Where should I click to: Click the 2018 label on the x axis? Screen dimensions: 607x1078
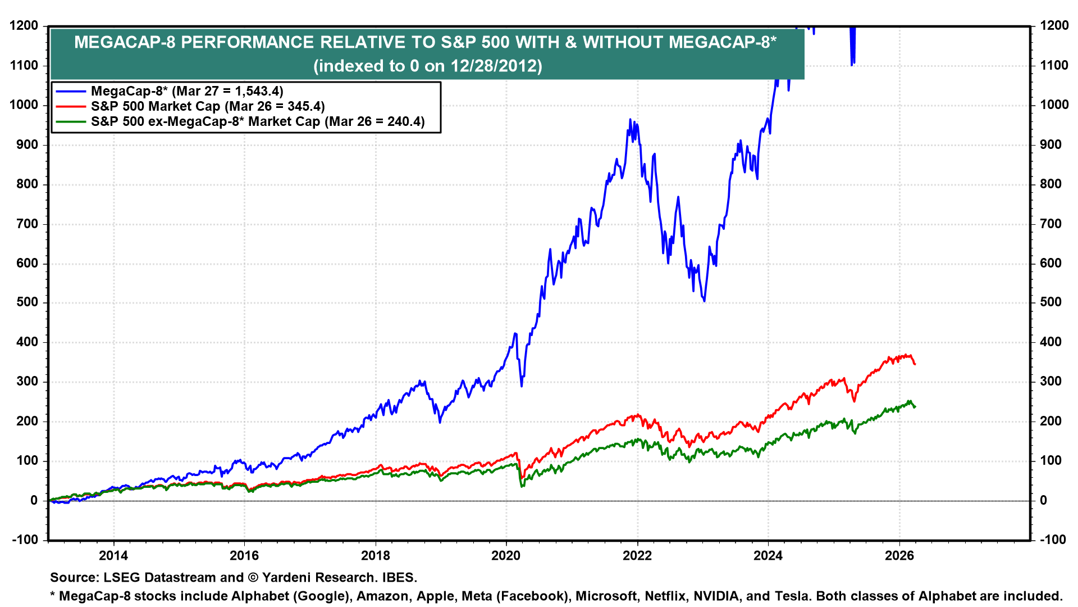tap(375, 556)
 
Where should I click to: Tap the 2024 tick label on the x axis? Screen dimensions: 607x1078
tap(768, 556)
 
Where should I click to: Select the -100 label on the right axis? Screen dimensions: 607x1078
tap(1053, 540)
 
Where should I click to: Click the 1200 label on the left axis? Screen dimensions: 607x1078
tap(24, 26)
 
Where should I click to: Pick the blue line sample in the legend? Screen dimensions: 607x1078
tap(71, 92)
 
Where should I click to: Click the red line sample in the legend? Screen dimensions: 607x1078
tap(71, 107)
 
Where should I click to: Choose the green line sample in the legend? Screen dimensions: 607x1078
tap(71, 122)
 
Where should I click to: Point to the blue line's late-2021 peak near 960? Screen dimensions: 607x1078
tap(630, 120)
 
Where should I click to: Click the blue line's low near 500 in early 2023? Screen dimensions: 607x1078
tap(704, 301)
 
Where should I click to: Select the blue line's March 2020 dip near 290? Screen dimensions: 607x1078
tap(522, 386)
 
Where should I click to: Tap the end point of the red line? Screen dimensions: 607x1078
tap(915, 364)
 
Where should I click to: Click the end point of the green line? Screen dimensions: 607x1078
tap(915, 406)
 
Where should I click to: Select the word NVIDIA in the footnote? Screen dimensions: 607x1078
tap(716, 596)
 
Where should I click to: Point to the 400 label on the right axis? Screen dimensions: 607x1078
tap(1050, 342)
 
